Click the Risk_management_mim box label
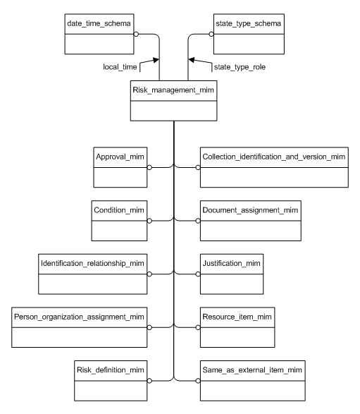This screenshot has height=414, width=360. coord(174,90)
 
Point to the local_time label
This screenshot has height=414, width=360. coord(120,67)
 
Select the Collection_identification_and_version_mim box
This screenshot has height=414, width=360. coord(273,167)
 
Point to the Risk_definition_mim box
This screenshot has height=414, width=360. coord(111,380)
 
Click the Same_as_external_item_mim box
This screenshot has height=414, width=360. coord(254,380)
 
